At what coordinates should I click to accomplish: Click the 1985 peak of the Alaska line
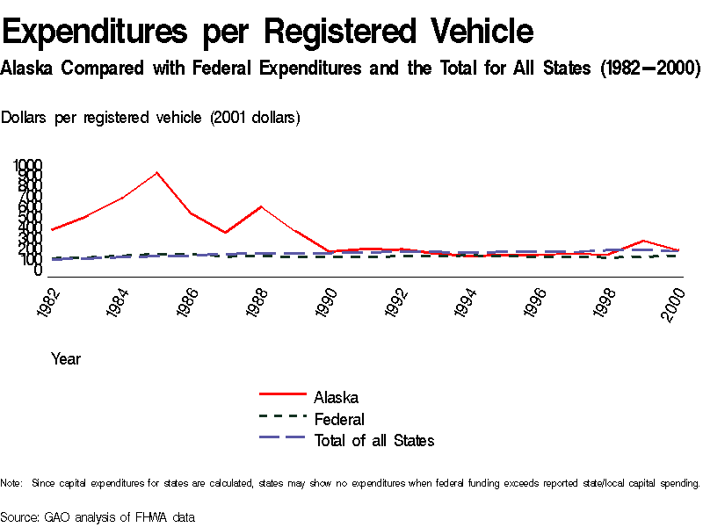[156, 172]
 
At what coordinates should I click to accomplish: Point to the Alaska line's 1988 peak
[260, 206]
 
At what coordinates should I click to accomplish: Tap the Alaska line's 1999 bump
[644, 241]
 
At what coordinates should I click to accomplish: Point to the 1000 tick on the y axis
[27, 165]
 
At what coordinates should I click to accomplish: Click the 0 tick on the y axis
[37, 271]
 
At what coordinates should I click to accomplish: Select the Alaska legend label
[336, 398]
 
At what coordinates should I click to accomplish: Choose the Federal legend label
[339, 419]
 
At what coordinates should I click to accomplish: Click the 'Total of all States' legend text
[373, 440]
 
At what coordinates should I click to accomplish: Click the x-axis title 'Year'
[66, 358]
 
